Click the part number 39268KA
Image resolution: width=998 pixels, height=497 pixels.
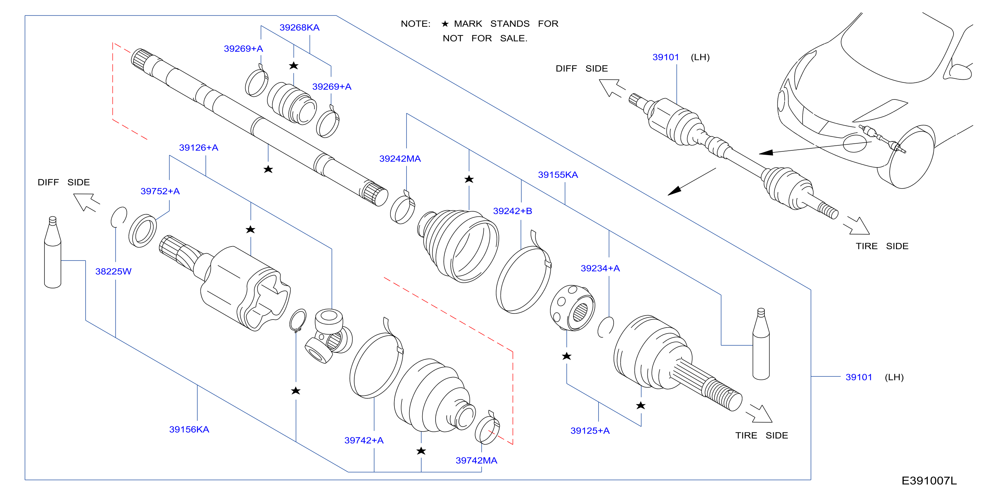299,27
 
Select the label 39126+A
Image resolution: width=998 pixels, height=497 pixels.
198,148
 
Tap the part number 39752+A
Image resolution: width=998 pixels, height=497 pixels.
160,191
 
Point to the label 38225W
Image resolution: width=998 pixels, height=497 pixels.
113,271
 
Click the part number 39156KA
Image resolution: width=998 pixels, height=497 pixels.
189,430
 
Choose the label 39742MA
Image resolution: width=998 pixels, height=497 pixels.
476,460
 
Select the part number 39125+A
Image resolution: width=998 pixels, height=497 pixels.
590,431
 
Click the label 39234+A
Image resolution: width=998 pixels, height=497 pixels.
600,268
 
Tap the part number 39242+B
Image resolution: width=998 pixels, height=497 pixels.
513,211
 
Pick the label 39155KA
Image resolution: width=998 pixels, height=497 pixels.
558,175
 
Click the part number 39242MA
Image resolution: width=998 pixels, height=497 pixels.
400,158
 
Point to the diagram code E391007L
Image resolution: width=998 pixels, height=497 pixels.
929,481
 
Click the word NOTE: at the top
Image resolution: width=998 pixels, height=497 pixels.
415,24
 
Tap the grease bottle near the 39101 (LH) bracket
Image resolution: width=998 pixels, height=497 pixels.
761,344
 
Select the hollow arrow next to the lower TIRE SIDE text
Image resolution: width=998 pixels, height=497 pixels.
759,413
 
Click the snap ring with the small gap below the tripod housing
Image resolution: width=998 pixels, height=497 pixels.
298,320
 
